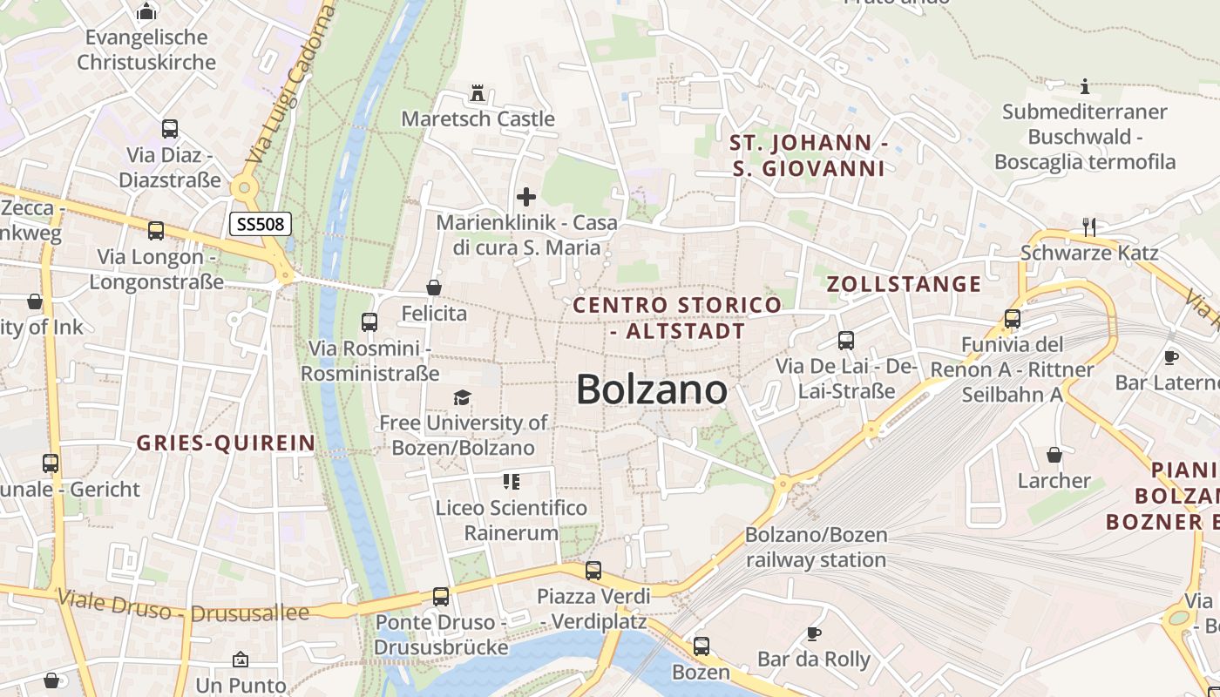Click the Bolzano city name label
tap(652, 389)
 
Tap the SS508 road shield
tap(260, 224)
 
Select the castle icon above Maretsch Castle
tap(477, 92)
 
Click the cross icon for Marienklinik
tap(526, 197)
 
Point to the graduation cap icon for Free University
tap(462, 398)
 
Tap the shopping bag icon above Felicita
tap(434, 288)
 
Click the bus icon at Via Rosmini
tap(369, 322)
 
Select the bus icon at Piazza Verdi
tap(593, 571)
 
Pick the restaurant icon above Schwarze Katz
tap(1088, 227)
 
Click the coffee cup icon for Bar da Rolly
tap(814, 633)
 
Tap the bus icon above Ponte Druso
tap(441, 597)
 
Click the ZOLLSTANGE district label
tap(904, 284)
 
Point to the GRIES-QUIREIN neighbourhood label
tap(226, 443)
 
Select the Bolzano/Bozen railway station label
tap(816, 547)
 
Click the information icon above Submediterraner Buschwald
tap(1085, 86)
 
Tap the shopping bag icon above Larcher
tap(1054, 455)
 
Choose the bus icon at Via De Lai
tap(845, 341)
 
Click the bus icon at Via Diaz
tap(170, 129)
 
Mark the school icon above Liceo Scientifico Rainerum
tap(512, 481)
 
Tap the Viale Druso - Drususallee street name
tap(183, 606)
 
